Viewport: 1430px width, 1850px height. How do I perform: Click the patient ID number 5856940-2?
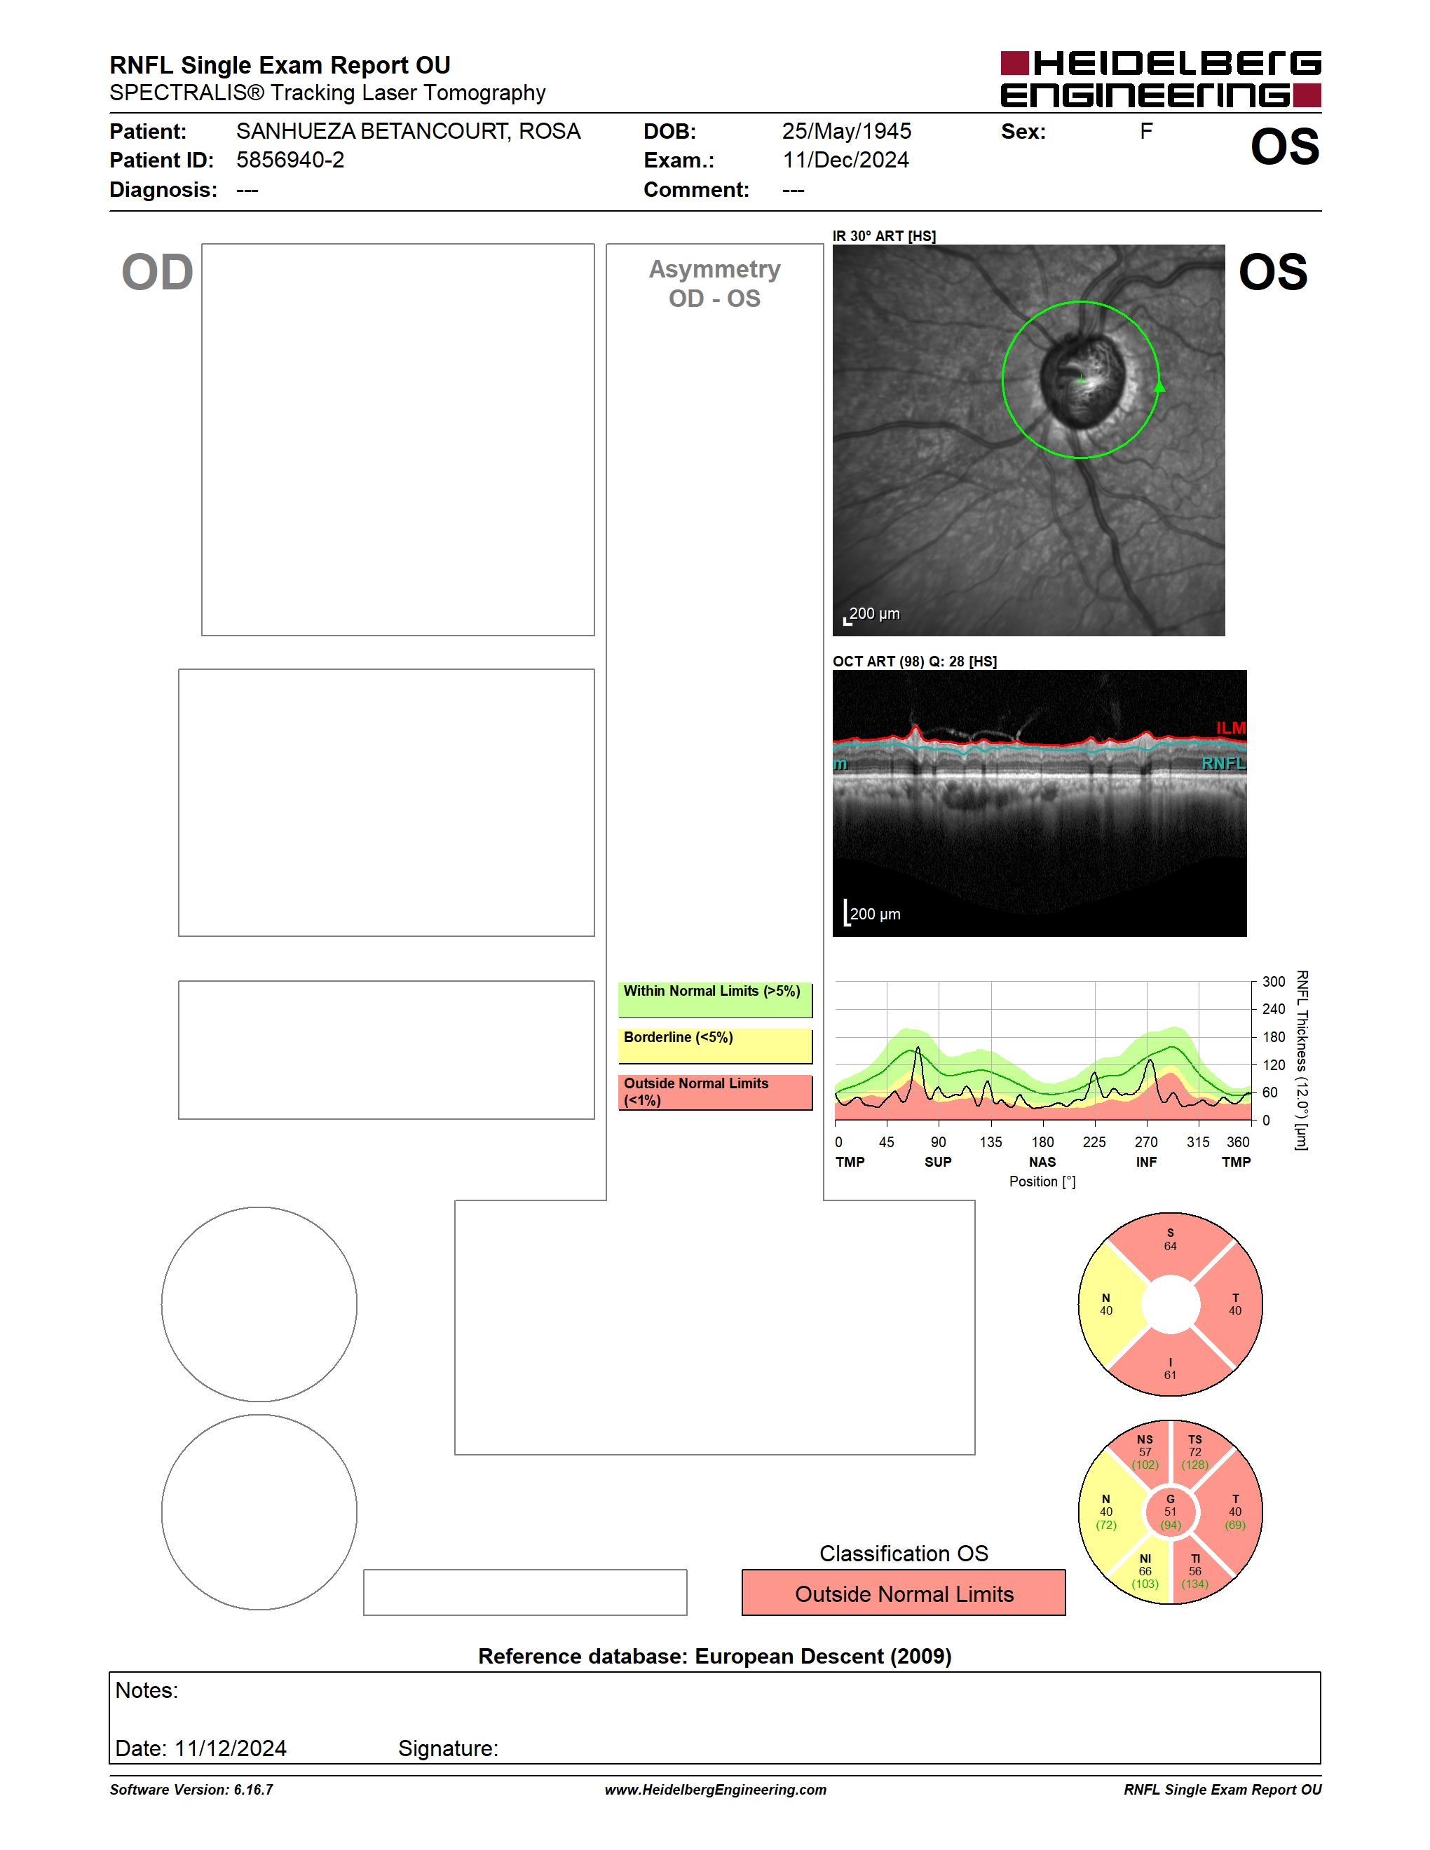coord(290,160)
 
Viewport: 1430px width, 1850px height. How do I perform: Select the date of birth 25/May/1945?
coord(846,131)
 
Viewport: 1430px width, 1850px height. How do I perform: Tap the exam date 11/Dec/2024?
coord(845,160)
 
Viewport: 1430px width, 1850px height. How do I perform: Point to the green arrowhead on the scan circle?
coord(1159,386)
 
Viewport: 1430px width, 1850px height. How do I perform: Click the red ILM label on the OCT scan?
coord(1231,727)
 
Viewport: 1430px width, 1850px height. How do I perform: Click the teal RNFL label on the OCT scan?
coord(1223,763)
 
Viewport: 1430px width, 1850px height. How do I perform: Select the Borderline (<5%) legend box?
coord(715,1046)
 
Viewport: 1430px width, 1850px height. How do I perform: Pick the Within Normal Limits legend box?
coord(715,999)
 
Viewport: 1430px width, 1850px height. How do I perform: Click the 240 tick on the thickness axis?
coord(1273,1009)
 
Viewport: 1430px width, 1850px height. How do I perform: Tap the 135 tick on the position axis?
coord(990,1142)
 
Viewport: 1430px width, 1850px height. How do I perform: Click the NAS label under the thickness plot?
coord(1042,1162)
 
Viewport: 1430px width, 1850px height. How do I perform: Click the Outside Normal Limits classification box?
coord(904,1593)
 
